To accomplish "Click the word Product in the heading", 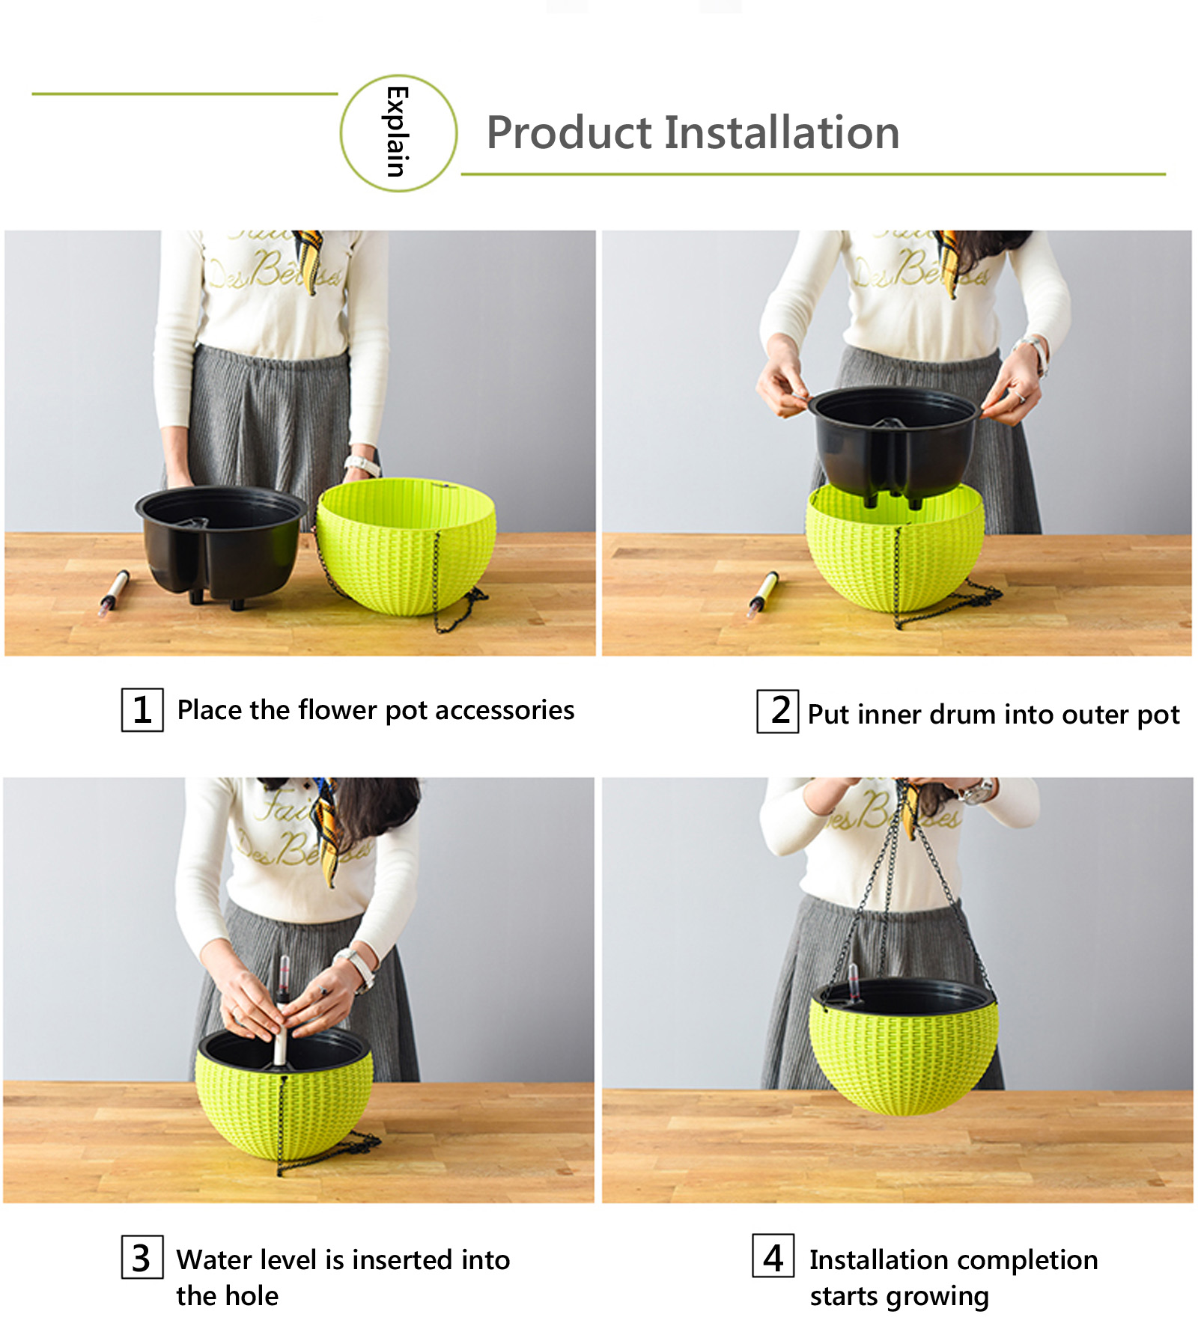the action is (x=570, y=133).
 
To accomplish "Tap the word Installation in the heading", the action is (x=782, y=132).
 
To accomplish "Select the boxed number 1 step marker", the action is (x=142, y=710).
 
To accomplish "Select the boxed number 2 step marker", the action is (x=777, y=711).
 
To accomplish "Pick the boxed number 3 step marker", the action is (x=142, y=1258).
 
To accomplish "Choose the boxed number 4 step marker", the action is (x=773, y=1257).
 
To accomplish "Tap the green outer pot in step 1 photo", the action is (x=407, y=546).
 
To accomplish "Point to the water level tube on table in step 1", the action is (x=114, y=592).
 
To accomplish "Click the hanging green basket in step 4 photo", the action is (x=904, y=1048).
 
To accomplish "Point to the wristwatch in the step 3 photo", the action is (x=356, y=967).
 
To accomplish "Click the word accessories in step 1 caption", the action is (x=505, y=710).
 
